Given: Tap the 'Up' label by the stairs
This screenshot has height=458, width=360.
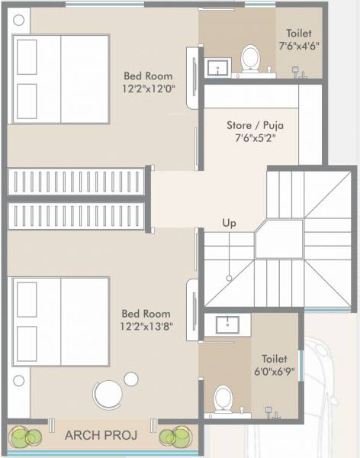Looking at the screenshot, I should [229, 223].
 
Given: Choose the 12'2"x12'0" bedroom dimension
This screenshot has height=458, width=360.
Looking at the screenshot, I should [149, 89].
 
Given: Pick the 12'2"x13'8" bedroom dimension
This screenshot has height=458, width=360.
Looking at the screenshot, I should [146, 327].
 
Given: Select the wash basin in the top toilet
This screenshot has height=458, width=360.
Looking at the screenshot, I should [218, 67].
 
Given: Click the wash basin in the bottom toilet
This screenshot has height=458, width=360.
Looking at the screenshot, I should [227, 324].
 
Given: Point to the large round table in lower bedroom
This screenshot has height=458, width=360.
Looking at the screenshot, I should [106, 395].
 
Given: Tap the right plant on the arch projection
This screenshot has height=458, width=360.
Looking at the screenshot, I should [173, 437].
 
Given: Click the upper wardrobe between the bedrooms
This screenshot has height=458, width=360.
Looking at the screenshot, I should [76, 182].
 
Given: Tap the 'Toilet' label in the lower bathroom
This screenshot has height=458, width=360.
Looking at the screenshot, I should [274, 358].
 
